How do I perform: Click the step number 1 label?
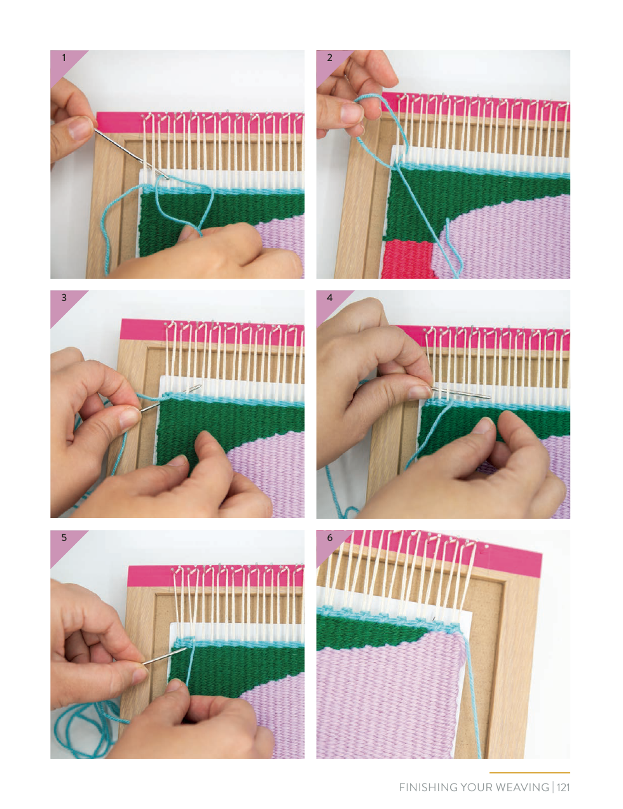(x=64, y=58)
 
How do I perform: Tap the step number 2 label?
(x=329, y=58)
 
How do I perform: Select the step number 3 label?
(x=64, y=297)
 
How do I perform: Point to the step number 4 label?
(x=330, y=297)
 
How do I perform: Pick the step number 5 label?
(x=64, y=538)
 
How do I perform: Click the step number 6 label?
(x=330, y=538)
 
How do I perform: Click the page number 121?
(x=563, y=787)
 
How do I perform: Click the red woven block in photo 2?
(x=408, y=260)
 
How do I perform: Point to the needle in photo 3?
(x=170, y=398)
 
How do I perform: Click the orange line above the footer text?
(x=530, y=773)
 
